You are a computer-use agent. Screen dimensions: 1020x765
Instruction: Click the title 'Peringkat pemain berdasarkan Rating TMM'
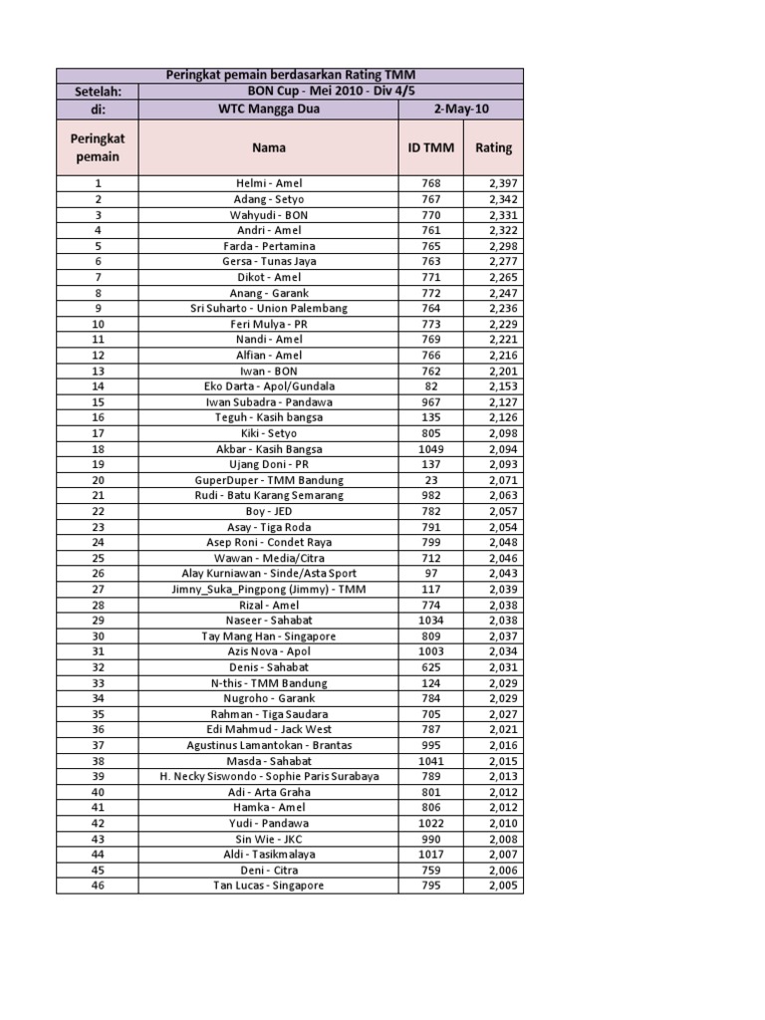click(289, 76)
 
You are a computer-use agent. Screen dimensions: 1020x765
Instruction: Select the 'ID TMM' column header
click(430, 147)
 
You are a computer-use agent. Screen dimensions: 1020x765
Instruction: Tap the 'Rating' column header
click(493, 147)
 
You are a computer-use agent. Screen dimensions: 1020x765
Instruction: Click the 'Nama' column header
click(268, 147)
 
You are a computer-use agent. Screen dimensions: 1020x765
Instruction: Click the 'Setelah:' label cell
click(98, 92)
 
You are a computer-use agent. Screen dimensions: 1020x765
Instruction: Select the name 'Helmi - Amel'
click(268, 183)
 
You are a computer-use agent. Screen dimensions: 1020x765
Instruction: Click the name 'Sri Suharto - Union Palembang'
click(268, 308)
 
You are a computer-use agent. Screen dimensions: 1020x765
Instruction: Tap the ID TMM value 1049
click(430, 448)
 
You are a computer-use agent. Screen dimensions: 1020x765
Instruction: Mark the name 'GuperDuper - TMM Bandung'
click(268, 479)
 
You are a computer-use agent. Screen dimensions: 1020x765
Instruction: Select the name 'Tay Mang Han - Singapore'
click(268, 636)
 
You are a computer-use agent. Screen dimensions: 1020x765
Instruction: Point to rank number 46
click(98, 885)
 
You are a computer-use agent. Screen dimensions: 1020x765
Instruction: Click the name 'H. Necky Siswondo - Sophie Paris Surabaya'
click(268, 776)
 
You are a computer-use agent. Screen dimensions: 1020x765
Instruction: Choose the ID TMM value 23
click(430, 479)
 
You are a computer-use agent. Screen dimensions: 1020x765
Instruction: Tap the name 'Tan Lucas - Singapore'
click(268, 885)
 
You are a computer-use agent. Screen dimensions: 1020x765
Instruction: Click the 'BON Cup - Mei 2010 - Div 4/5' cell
click(328, 92)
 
